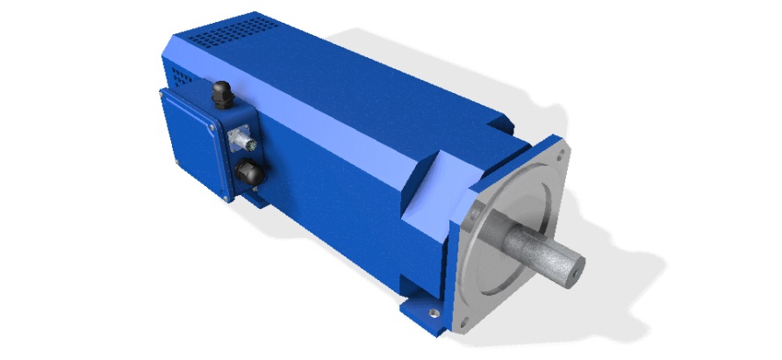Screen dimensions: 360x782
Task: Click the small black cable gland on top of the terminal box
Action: click(221, 91)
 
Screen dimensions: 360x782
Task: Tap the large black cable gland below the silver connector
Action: click(248, 173)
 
